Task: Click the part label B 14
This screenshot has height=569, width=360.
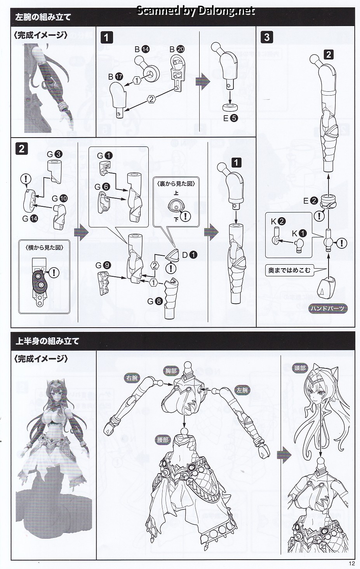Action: [142, 49]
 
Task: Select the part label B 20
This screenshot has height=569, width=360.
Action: [177, 49]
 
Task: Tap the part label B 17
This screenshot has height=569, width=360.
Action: [115, 77]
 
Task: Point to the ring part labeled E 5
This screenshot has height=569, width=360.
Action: [231, 107]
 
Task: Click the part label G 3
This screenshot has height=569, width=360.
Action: [54, 154]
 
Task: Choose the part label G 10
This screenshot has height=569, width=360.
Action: [60, 198]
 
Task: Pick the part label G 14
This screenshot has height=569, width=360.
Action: [30, 218]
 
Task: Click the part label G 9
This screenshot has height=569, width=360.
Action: [103, 265]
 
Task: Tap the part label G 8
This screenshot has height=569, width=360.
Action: [155, 302]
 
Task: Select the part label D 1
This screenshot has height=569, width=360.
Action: [190, 255]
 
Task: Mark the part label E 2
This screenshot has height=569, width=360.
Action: [311, 201]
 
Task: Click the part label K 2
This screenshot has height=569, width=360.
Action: [278, 222]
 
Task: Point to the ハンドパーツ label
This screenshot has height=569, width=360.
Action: [327, 309]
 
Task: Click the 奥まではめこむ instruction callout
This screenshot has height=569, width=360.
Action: [289, 270]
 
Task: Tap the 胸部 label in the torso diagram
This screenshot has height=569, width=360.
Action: [171, 371]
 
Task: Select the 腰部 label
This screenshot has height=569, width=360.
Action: [162, 440]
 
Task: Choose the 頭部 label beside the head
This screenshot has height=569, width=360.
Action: [300, 368]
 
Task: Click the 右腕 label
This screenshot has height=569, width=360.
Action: [132, 378]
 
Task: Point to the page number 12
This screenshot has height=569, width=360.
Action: [351, 564]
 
